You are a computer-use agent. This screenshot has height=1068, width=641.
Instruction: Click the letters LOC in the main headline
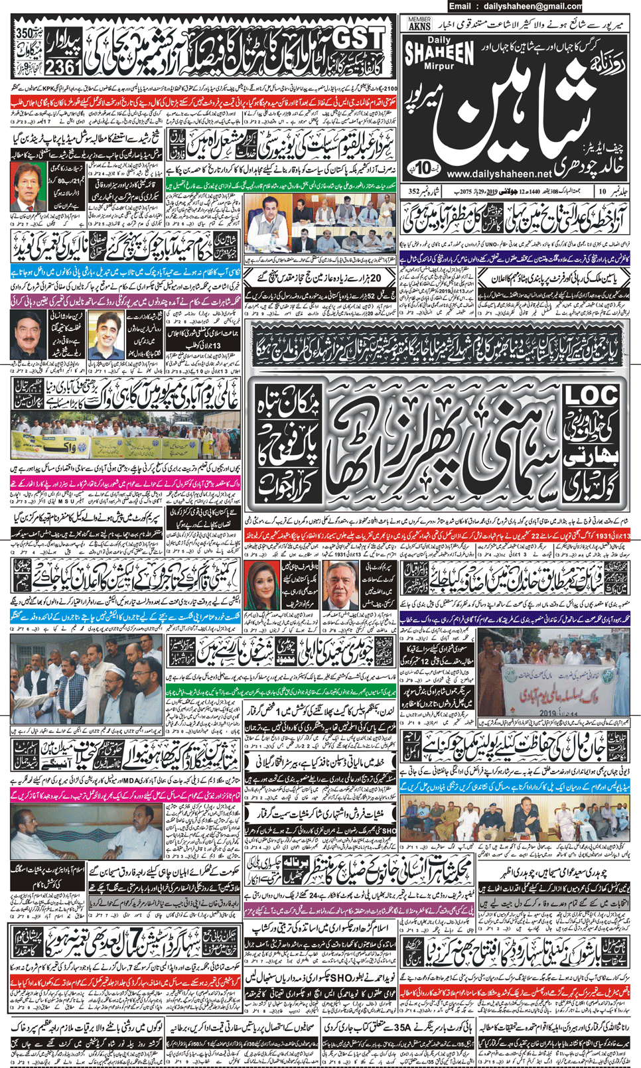[x=591, y=395]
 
